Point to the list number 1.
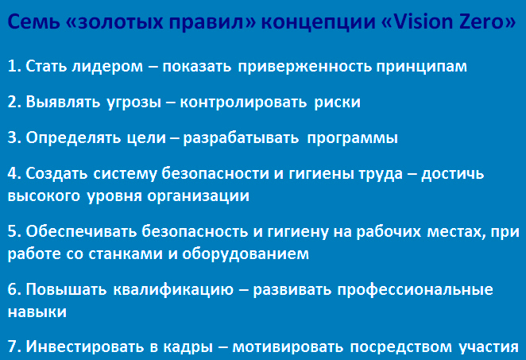click(14, 66)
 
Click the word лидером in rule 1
click(108, 66)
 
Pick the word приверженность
click(305, 67)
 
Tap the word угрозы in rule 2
click(133, 103)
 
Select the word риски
click(338, 102)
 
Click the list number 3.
click(14, 137)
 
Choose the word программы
click(353, 138)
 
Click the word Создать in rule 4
click(56, 174)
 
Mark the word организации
click(199, 196)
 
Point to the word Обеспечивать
click(81, 231)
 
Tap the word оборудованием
click(246, 254)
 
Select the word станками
click(126, 254)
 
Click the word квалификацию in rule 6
click(173, 289)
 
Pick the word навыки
click(37, 312)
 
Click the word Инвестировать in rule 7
click(85, 346)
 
